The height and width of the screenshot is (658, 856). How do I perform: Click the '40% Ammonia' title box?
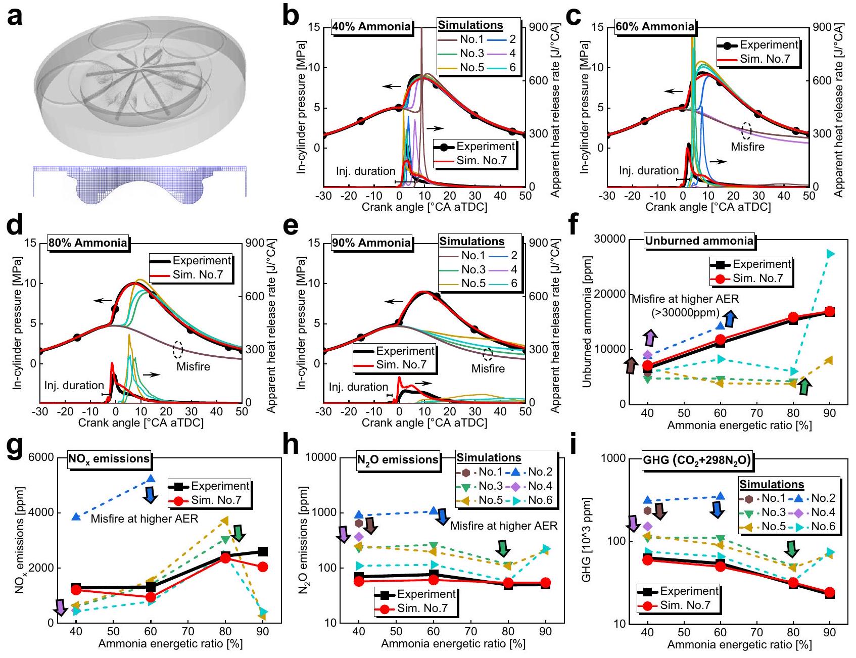coord(371,27)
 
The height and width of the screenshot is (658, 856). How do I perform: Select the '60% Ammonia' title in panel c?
coord(655,27)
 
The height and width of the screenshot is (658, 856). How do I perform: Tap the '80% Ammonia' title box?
coord(88,243)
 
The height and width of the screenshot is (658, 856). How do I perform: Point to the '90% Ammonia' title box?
coord(371,243)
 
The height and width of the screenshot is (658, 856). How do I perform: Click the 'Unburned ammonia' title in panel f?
coord(699,241)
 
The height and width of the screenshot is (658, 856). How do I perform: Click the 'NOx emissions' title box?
coord(109,459)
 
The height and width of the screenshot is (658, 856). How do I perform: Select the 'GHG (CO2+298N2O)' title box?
coord(696,460)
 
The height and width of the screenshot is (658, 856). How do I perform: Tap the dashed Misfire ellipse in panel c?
coord(746,130)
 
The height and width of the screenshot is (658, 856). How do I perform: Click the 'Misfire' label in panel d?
coord(193,366)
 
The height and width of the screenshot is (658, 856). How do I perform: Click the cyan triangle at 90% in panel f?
coord(830,254)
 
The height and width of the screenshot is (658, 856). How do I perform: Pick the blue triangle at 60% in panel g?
coord(150,478)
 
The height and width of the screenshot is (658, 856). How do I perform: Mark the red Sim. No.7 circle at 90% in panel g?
coord(262,567)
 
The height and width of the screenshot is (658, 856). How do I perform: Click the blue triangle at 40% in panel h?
coord(359,514)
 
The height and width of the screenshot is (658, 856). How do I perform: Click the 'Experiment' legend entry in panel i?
coord(689,591)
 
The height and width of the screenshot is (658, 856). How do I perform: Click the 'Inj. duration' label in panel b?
coord(365,171)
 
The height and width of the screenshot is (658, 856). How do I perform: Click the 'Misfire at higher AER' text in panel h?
coord(503,526)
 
